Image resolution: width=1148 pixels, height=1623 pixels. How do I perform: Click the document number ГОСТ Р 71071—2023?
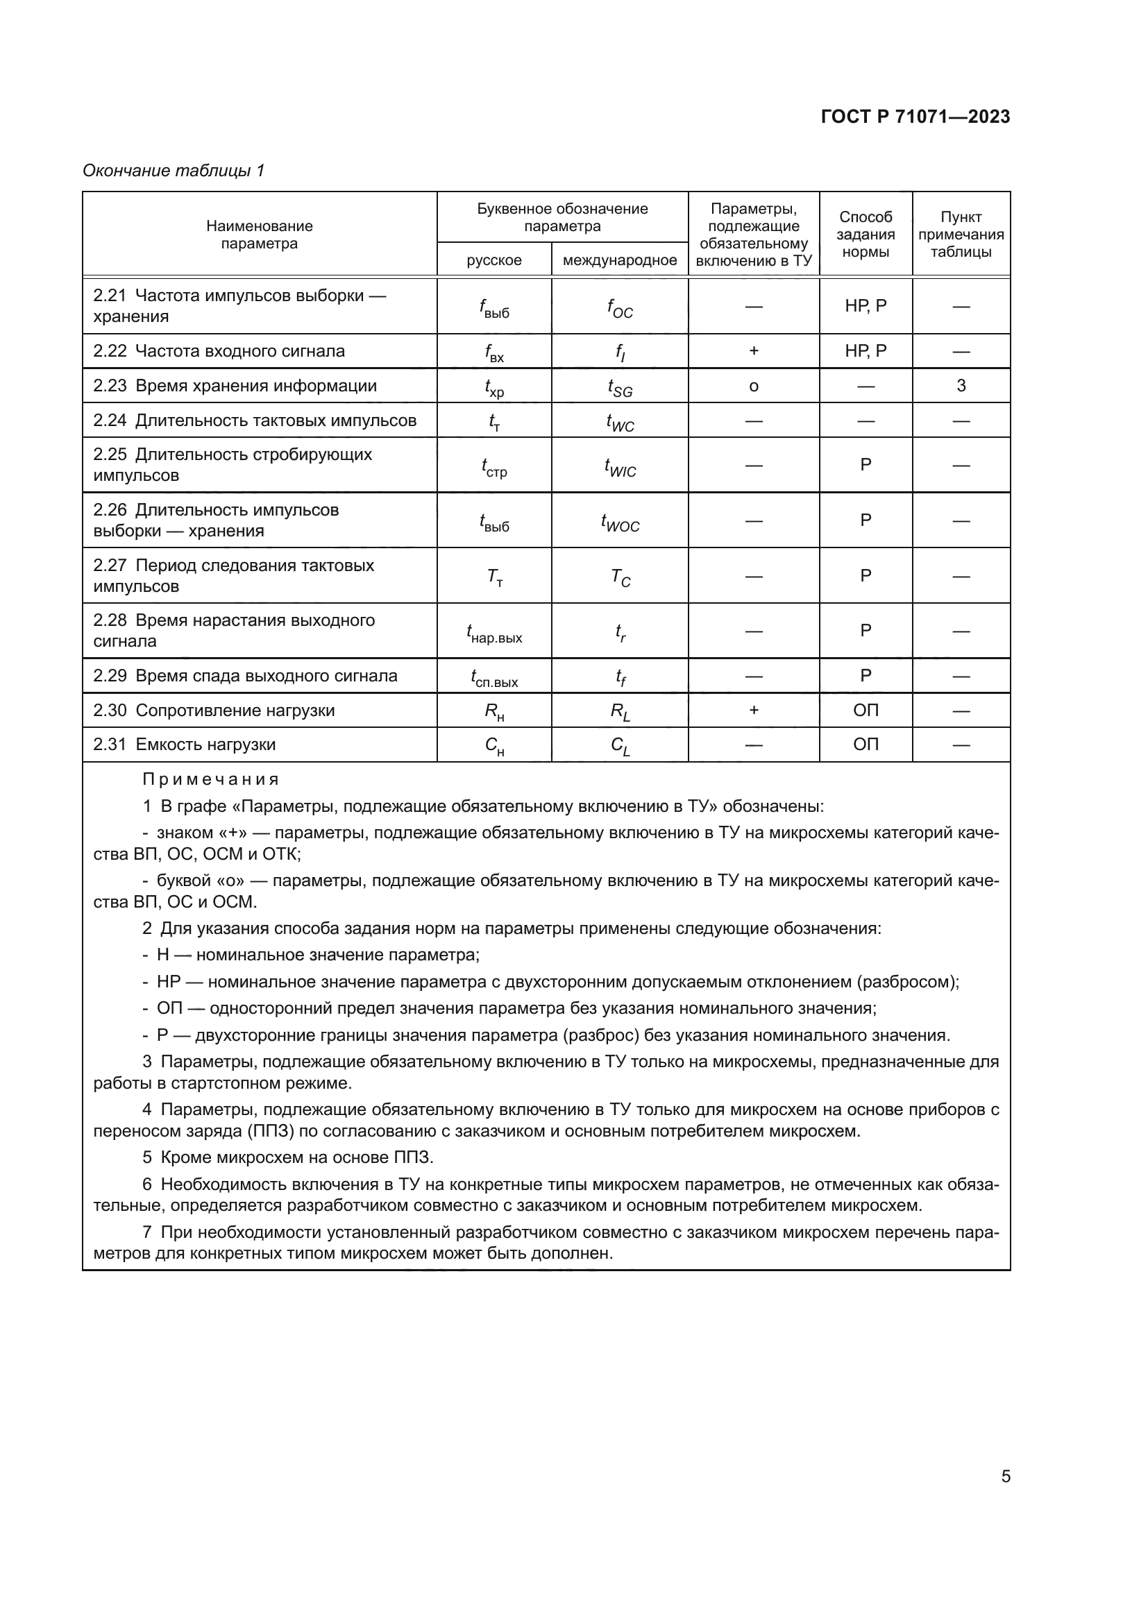(x=915, y=117)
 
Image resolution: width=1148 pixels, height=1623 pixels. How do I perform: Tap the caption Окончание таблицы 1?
(x=174, y=171)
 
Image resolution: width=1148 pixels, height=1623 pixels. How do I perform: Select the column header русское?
(x=493, y=260)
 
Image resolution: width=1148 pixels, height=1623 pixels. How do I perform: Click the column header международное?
(x=619, y=260)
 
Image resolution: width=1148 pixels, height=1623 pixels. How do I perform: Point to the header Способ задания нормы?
(x=866, y=235)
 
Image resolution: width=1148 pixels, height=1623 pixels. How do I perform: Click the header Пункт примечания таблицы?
(x=961, y=235)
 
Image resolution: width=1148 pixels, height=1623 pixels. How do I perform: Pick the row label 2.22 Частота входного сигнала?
(x=219, y=351)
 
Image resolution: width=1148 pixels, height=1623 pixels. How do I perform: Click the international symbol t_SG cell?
(x=620, y=386)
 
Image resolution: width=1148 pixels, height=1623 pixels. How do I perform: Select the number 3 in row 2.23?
(x=961, y=386)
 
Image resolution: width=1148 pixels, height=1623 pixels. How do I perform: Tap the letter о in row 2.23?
(x=754, y=386)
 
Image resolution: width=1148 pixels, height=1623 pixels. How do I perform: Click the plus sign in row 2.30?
(x=754, y=710)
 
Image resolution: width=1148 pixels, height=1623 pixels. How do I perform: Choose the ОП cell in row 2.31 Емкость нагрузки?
(x=866, y=745)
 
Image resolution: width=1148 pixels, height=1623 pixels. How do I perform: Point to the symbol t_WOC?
(x=620, y=522)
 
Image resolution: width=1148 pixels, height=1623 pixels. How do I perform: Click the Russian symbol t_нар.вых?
(x=493, y=632)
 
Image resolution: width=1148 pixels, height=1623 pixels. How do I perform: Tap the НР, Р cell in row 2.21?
(x=866, y=306)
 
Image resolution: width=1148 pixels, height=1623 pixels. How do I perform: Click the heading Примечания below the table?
(x=211, y=780)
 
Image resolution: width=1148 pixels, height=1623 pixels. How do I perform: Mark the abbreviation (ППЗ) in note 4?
(x=271, y=1131)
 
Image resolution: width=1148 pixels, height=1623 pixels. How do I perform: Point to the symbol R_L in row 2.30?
(x=620, y=712)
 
